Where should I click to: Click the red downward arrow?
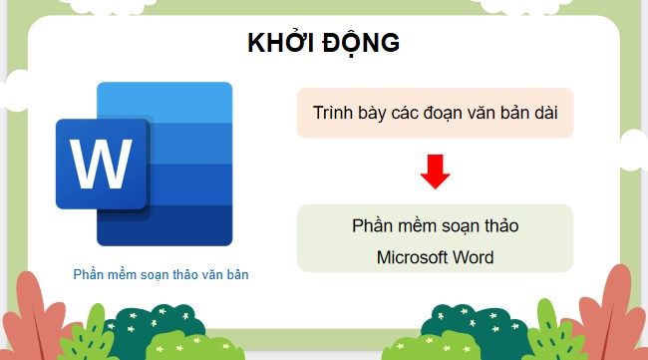[436, 172]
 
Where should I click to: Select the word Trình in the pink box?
[333, 113]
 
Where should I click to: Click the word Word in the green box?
[475, 256]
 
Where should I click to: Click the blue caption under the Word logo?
[161, 273]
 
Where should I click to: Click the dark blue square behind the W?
[102, 164]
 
